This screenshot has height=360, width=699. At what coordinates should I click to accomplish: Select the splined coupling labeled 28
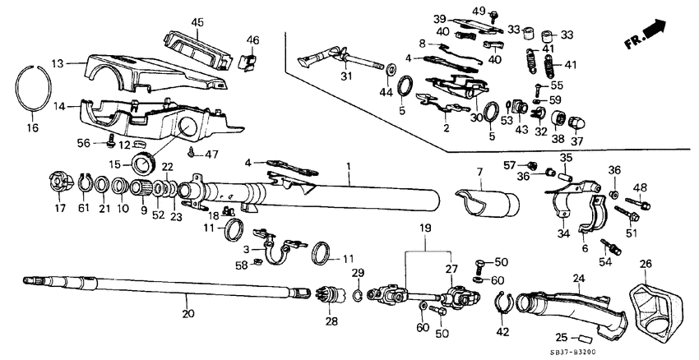click(x=332, y=292)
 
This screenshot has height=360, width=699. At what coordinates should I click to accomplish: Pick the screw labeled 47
click(x=191, y=151)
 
